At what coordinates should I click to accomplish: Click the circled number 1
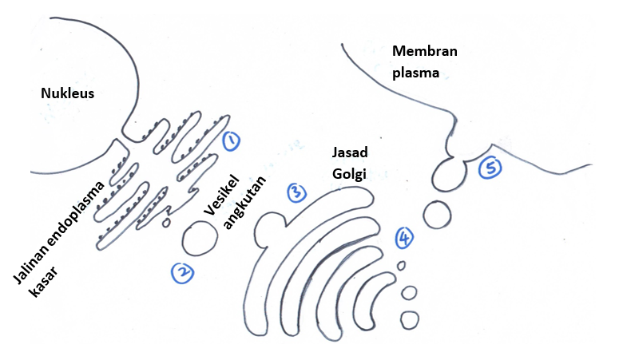(231, 141)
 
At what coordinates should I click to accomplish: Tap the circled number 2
(183, 272)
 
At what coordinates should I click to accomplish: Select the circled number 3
(296, 192)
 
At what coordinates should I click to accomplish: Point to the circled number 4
(406, 236)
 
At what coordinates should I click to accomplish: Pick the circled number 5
(490, 167)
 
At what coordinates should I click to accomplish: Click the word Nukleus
(68, 94)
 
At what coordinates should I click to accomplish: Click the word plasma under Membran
(416, 72)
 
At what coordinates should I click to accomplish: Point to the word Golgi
(348, 172)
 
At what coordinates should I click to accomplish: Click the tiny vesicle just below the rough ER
(166, 224)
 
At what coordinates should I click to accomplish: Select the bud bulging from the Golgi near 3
(266, 231)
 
